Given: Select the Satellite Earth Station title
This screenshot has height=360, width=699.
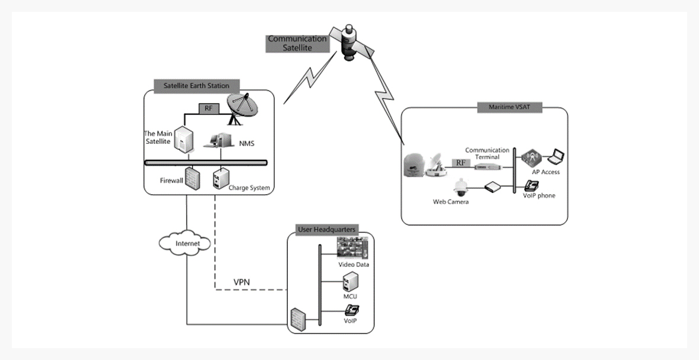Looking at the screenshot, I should click(196, 85).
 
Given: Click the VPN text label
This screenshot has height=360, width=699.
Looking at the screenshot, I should click(242, 281).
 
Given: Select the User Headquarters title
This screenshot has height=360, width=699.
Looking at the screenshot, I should click(326, 229).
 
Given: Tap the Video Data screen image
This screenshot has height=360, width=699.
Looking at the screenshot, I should click(353, 247).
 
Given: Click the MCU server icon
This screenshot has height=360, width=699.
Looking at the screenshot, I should click(349, 282).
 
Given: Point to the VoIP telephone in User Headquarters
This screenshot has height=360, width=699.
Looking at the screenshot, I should click(352, 310).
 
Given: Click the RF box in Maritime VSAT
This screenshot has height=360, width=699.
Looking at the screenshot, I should click(460, 163).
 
